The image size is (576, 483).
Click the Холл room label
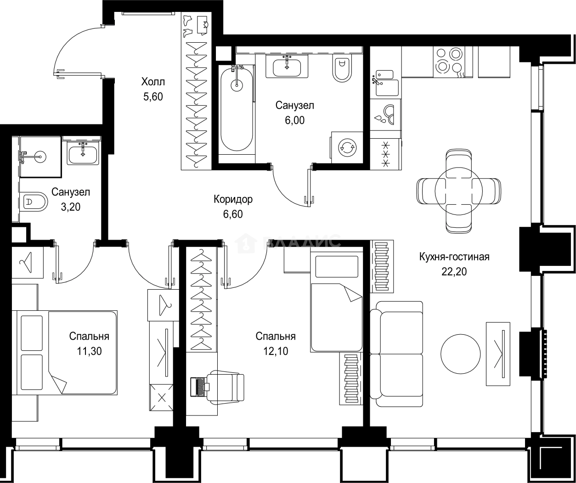(x=153, y=82)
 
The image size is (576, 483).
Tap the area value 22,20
(x=454, y=271)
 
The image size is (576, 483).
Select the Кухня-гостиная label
(x=454, y=257)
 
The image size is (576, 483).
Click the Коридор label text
(x=233, y=199)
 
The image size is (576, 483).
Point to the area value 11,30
(x=89, y=351)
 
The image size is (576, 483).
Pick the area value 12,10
(x=276, y=351)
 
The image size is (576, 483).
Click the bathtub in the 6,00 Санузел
(x=237, y=109)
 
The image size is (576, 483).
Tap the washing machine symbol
(x=347, y=147)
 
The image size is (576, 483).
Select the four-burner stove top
(x=449, y=62)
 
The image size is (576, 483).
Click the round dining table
(x=458, y=191)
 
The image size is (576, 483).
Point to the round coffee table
(x=460, y=354)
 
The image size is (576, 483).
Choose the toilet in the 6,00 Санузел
(x=342, y=68)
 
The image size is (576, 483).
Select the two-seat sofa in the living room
(x=396, y=354)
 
